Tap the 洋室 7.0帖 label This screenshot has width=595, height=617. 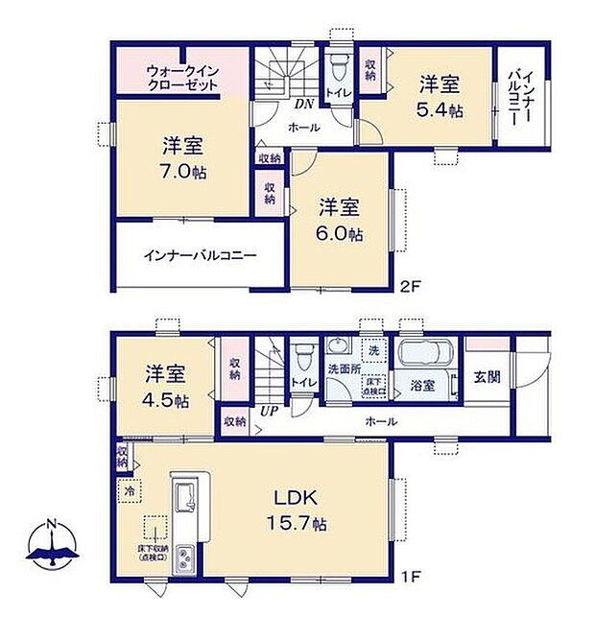(182, 159)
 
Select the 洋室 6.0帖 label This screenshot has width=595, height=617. (340, 220)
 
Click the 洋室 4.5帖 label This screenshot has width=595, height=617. (165, 387)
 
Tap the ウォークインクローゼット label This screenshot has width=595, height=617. (182, 78)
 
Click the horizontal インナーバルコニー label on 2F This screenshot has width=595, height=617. (200, 257)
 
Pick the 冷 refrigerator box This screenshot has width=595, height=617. (129, 490)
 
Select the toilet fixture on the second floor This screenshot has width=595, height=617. (337, 68)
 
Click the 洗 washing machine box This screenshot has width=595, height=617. (372, 347)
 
